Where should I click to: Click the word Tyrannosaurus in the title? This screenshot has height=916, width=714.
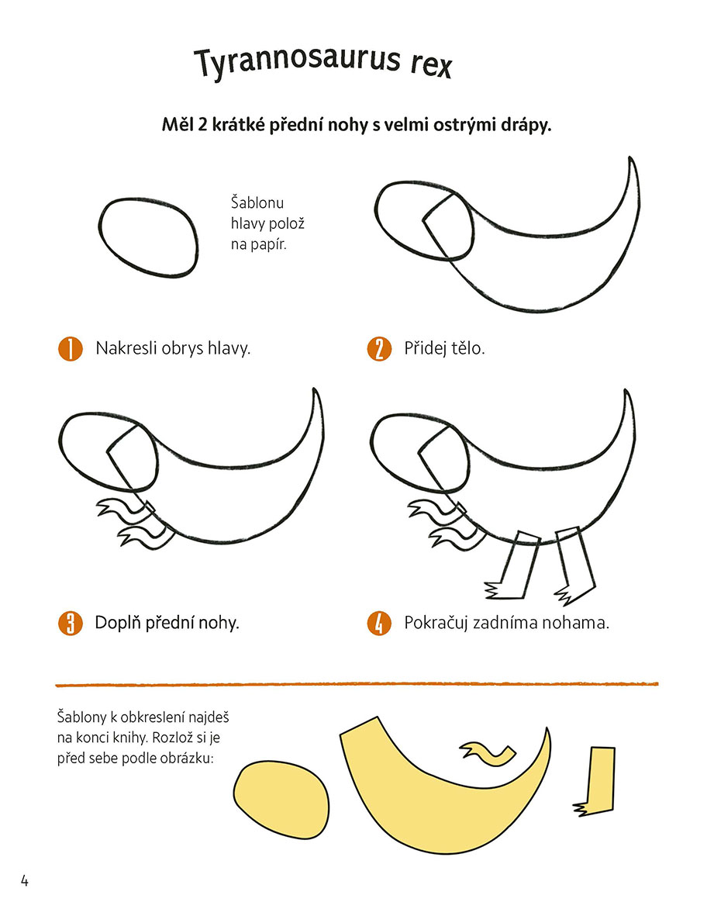click(297, 61)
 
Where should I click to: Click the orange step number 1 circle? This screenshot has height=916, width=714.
click(70, 349)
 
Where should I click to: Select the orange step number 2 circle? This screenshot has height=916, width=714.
click(379, 349)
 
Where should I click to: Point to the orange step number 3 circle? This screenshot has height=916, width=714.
click(70, 624)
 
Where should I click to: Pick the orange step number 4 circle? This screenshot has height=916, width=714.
click(379, 624)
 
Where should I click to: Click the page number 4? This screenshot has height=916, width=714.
click(25, 880)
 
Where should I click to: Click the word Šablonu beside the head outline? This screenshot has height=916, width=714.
click(257, 203)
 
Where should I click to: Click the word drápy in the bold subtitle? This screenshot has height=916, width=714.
click(526, 125)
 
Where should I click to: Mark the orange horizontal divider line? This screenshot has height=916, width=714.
click(357, 684)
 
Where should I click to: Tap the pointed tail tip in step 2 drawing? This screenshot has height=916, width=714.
click(630, 157)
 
